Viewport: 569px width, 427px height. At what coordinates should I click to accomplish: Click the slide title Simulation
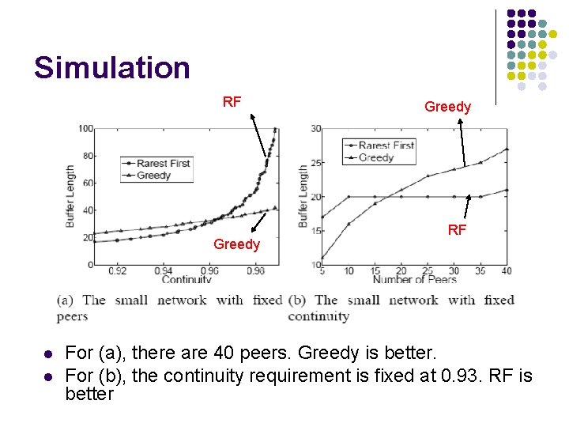pyautogui.click(x=111, y=68)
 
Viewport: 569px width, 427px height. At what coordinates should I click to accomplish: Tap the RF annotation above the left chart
pyautogui.click(x=232, y=101)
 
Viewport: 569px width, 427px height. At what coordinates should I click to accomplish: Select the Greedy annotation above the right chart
pyautogui.click(x=447, y=107)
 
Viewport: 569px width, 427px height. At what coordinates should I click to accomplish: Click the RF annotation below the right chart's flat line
pyautogui.click(x=457, y=230)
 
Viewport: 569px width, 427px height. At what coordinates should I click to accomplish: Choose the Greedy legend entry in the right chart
pyautogui.click(x=375, y=157)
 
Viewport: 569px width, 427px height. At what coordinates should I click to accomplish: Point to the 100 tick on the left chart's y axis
pyautogui.click(x=85, y=129)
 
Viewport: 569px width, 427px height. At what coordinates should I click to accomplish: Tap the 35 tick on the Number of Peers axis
pyautogui.click(x=480, y=270)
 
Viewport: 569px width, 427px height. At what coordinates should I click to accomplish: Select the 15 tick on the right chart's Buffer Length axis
pyautogui.click(x=315, y=231)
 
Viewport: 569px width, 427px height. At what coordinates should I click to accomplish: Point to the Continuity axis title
pyautogui.click(x=187, y=279)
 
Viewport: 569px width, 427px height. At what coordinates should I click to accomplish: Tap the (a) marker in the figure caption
pyautogui.click(x=66, y=300)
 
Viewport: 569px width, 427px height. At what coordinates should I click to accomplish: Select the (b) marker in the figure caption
pyautogui.click(x=298, y=300)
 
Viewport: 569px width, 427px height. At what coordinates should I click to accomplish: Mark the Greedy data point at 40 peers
pyautogui.click(x=507, y=149)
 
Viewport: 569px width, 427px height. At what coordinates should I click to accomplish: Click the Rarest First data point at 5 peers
pyautogui.click(x=322, y=217)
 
